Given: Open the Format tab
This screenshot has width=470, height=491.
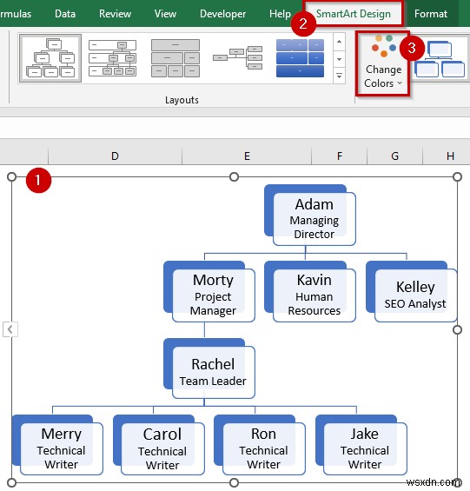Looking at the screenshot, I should (431, 14).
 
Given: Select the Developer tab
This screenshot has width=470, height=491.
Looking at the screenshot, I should (222, 14).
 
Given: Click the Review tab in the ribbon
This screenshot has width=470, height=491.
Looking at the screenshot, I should (116, 14).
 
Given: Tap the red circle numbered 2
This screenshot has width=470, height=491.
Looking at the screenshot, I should (302, 24).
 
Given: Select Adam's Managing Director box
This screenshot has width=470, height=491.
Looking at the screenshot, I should (314, 216).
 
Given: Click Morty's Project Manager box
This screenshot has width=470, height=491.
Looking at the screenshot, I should (213, 295).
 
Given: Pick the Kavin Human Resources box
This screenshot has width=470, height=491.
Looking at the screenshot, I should (314, 295).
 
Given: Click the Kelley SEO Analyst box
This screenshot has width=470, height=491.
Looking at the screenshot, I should (415, 295).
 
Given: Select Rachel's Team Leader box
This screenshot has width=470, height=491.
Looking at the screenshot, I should (213, 371).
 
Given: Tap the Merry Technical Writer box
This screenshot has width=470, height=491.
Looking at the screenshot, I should (62, 448).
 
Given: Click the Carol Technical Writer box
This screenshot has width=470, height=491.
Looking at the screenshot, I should (162, 448).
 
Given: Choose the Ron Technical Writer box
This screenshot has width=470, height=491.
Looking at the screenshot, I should (263, 448).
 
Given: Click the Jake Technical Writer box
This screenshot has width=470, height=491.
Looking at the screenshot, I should (365, 448).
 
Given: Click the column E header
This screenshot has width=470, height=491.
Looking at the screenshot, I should (247, 156).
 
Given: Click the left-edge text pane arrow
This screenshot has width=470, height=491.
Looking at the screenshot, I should (10, 329).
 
